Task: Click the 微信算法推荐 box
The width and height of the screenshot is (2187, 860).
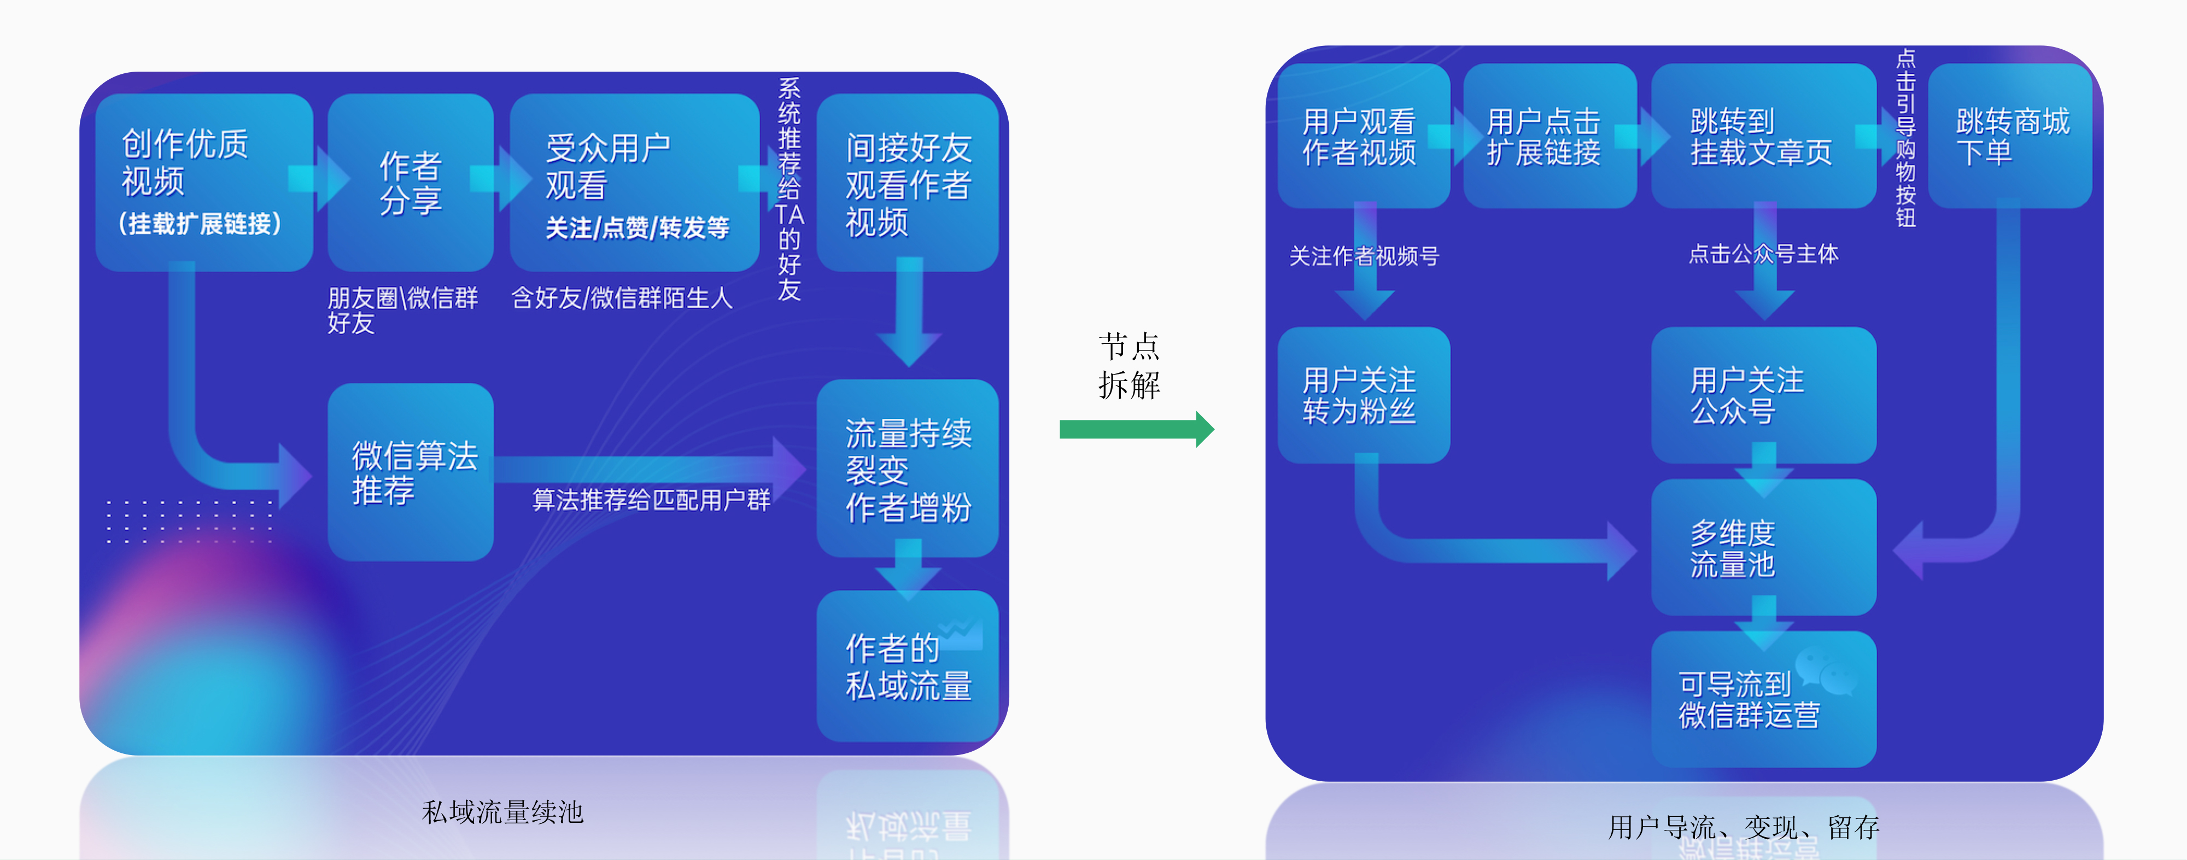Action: point(411,472)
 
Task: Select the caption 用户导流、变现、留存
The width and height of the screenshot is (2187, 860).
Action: point(1743,827)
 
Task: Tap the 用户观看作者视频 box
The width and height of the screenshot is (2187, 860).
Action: point(1363,136)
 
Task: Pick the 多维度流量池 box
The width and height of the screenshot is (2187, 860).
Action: point(1763,548)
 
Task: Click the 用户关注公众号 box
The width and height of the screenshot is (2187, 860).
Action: point(1763,395)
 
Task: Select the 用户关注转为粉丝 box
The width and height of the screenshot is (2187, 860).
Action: point(1363,395)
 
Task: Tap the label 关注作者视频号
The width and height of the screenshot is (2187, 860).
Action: point(1364,255)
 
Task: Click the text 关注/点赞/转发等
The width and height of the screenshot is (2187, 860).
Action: point(637,227)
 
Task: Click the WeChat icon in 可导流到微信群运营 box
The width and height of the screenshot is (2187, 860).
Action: point(1826,671)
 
